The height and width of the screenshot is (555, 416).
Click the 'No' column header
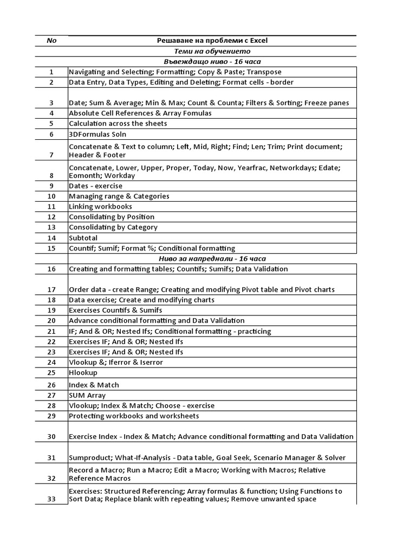coord(51,41)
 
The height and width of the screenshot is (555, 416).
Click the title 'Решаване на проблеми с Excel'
coord(212,41)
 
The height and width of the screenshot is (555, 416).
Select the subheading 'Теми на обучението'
coord(212,51)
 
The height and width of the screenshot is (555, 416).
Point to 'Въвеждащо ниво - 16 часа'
coord(212,61)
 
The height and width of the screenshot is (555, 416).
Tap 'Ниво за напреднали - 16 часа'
coord(212,259)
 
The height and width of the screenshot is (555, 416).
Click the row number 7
coord(51,154)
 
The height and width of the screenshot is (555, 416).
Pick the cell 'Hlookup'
coord(83,372)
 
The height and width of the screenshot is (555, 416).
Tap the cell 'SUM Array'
coord(87,395)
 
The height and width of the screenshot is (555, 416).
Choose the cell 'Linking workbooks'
coord(100,206)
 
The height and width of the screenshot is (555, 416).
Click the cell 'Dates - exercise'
coord(95,186)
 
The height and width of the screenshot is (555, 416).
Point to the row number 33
coord(51,499)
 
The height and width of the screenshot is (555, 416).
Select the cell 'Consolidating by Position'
coord(112,217)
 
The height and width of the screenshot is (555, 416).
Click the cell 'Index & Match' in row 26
coord(94,385)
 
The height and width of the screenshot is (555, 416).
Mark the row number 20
coord(51,321)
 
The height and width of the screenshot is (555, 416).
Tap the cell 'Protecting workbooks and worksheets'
coord(133,416)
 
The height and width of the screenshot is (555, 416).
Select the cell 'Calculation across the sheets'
coord(118,124)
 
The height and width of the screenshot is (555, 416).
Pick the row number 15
coord(51,248)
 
